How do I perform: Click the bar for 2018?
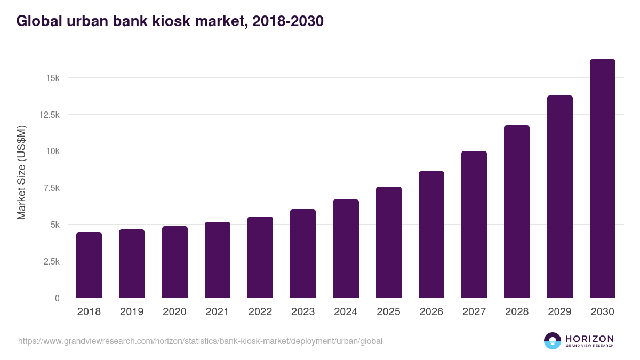tap(89, 265)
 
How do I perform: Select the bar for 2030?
tap(602, 179)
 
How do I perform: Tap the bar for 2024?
tap(346, 249)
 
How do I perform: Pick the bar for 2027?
tap(474, 225)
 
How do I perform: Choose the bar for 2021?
tap(218, 260)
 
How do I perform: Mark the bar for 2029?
tap(559, 197)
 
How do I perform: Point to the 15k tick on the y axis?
tap(52, 78)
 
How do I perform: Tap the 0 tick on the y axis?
tap(57, 298)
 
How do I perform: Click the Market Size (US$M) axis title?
tap(21, 173)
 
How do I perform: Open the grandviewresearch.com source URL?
tap(200, 341)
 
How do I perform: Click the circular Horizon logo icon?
tap(553, 341)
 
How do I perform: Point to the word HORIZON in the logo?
tap(589, 339)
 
